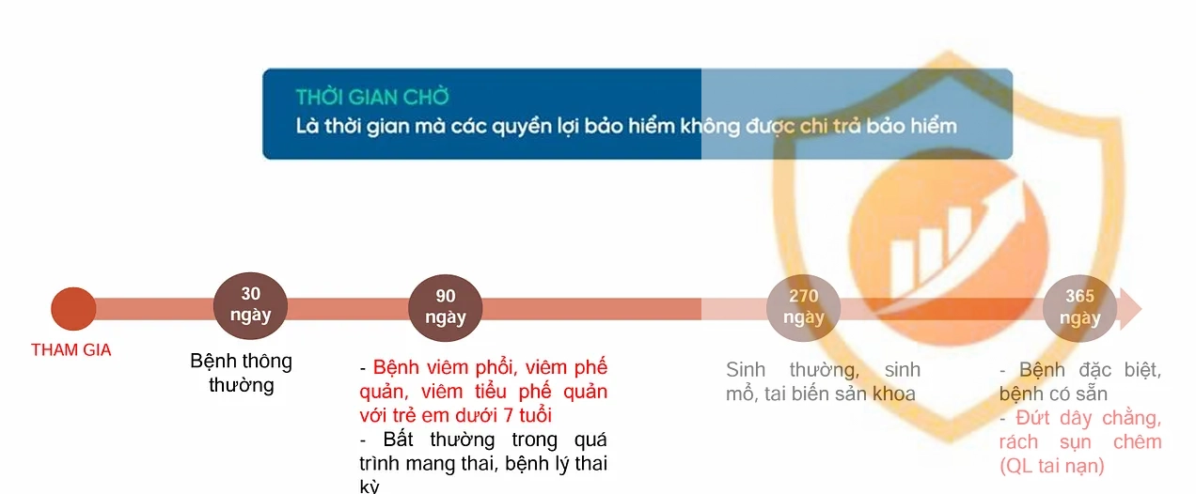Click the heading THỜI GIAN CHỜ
click(x=372, y=97)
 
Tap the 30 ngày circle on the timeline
click(x=250, y=305)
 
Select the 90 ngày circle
click(x=446, y=308)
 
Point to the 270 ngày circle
click(x=804, y=308)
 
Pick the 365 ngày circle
click(x=1079, y=308)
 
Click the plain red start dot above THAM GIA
click(x=73, y=309)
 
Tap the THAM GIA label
click(x=71, y=350)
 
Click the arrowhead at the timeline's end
click(x=1131, y=309)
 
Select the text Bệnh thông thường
click(x=242, y=373)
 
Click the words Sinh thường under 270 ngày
click(x=793, y=369)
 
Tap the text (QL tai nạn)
click(x=1052, y=466)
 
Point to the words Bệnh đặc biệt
click(x=1090, y=369)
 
